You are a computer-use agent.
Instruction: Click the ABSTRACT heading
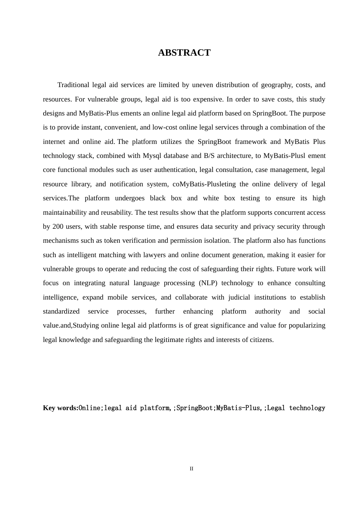[184, 53]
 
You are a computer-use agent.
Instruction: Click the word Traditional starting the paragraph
[73, 85]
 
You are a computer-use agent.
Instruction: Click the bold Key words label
[61, 408]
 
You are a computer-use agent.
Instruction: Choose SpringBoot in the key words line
[194, 408]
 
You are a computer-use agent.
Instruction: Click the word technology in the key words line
[307, 408]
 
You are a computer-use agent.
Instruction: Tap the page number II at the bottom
[191, 469]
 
